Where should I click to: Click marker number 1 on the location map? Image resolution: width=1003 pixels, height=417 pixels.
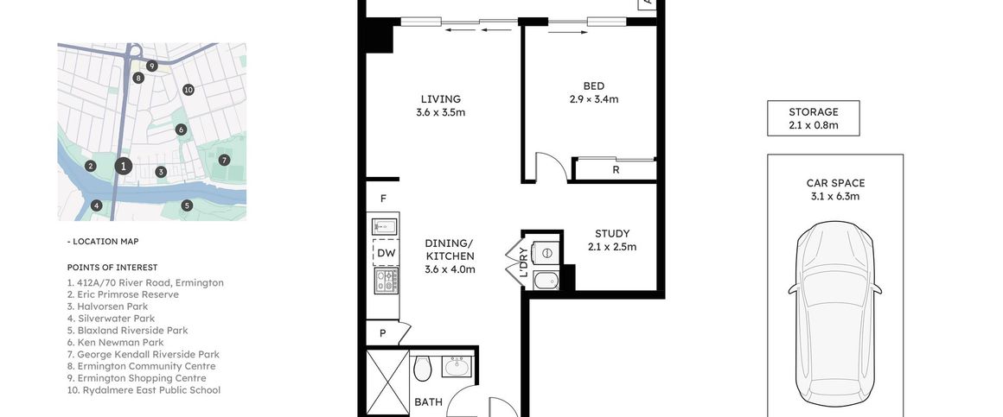coord(124,166)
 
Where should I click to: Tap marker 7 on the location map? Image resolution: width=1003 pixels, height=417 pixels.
coord(224,160)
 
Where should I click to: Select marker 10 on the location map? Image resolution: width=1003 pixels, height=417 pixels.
coord(188,90)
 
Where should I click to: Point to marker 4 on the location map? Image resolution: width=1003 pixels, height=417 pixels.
coord(97,205)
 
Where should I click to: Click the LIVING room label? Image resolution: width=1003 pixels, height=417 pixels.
coord(441,99)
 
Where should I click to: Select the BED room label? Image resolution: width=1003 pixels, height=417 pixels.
coord(593,86)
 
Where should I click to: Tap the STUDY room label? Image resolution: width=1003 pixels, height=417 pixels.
coord(612,234)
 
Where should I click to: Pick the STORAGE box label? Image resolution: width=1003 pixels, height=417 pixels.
coord(814,112)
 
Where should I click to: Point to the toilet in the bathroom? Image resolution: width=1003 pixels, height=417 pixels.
coord(423,370)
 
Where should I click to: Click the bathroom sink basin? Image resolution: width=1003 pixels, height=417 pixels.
coord(458,368)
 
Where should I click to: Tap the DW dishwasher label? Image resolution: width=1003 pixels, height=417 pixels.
coord(386,253)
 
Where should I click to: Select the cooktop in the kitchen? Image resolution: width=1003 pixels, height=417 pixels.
coord(386,280)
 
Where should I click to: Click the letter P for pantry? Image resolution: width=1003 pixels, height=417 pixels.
coord(381,333)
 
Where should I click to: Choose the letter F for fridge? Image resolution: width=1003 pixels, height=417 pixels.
coord(382,199)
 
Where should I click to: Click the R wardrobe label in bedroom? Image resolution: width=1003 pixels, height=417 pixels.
coord(616,170)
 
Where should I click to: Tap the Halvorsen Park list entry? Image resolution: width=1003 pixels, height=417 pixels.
coord(107,306)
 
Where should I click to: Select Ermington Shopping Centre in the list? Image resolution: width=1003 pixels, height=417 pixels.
coord(136,378)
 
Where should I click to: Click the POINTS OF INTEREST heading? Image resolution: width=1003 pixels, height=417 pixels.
coord(112,268)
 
